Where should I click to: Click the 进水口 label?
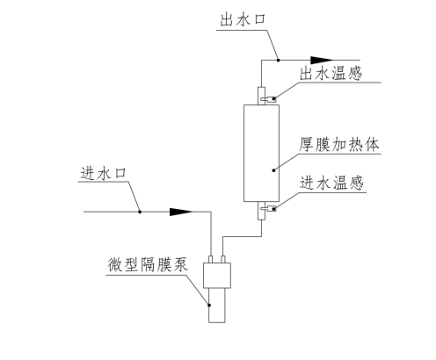point(93,173)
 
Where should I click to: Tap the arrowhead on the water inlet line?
point(180,212)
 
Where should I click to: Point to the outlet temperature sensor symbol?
point(272,98)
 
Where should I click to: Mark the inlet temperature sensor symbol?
point(272,208)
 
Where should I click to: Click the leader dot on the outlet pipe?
point(277,59)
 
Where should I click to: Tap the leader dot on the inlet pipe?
point(139,212)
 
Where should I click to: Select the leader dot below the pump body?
point(208,304)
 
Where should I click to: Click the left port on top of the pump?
point(211,258)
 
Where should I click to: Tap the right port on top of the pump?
point(223,258)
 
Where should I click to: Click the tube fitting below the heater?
point(262,209)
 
